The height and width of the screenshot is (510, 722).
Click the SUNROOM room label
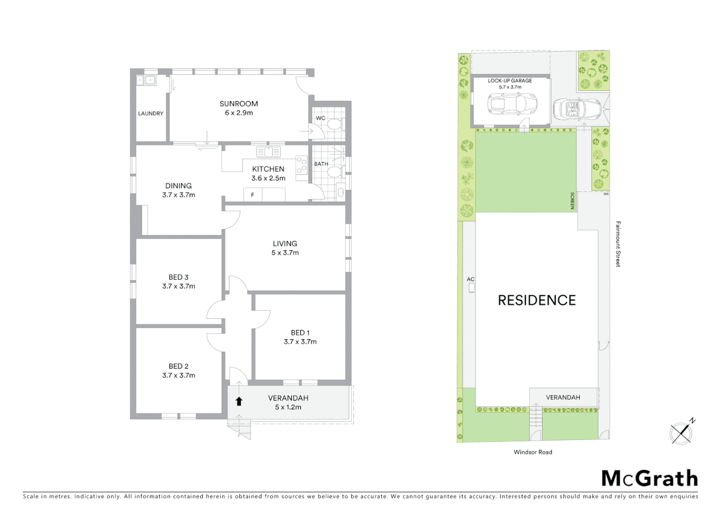tap(239, 103)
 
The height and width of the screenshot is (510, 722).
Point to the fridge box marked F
tap(253, 195)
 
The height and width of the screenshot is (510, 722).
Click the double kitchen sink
tap(268, 152)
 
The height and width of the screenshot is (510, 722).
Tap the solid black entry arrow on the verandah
tap(239, 401)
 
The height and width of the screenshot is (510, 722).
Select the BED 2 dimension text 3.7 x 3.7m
tap(179, 375)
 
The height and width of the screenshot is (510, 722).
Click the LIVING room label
tap(285, 244)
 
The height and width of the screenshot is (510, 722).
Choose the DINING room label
tap(179, 186)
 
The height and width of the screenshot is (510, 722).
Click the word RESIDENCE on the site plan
tap(537, 300)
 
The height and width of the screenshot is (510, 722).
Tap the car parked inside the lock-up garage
tap(513, 104)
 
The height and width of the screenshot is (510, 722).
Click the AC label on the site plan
tap(471, 279)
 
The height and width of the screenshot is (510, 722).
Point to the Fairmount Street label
tap(618, 244)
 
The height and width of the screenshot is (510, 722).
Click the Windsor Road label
tap(533, 452)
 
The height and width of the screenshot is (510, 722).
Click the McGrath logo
tap(650, 478)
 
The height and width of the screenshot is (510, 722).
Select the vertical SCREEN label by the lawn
tap(572, 201)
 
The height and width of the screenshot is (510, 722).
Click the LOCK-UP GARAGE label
tap(510, 81)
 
